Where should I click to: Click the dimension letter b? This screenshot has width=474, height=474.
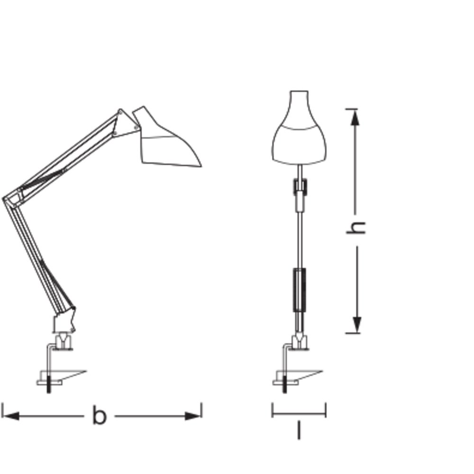point(100,416)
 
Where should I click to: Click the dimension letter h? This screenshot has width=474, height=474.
point(356,228)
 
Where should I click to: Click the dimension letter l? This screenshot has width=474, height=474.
point(299,431)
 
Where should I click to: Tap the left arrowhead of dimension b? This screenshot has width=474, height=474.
point(11,416)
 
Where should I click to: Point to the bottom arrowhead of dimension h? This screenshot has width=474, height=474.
point(357,325)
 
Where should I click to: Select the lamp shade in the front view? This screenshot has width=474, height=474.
point(299,128)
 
